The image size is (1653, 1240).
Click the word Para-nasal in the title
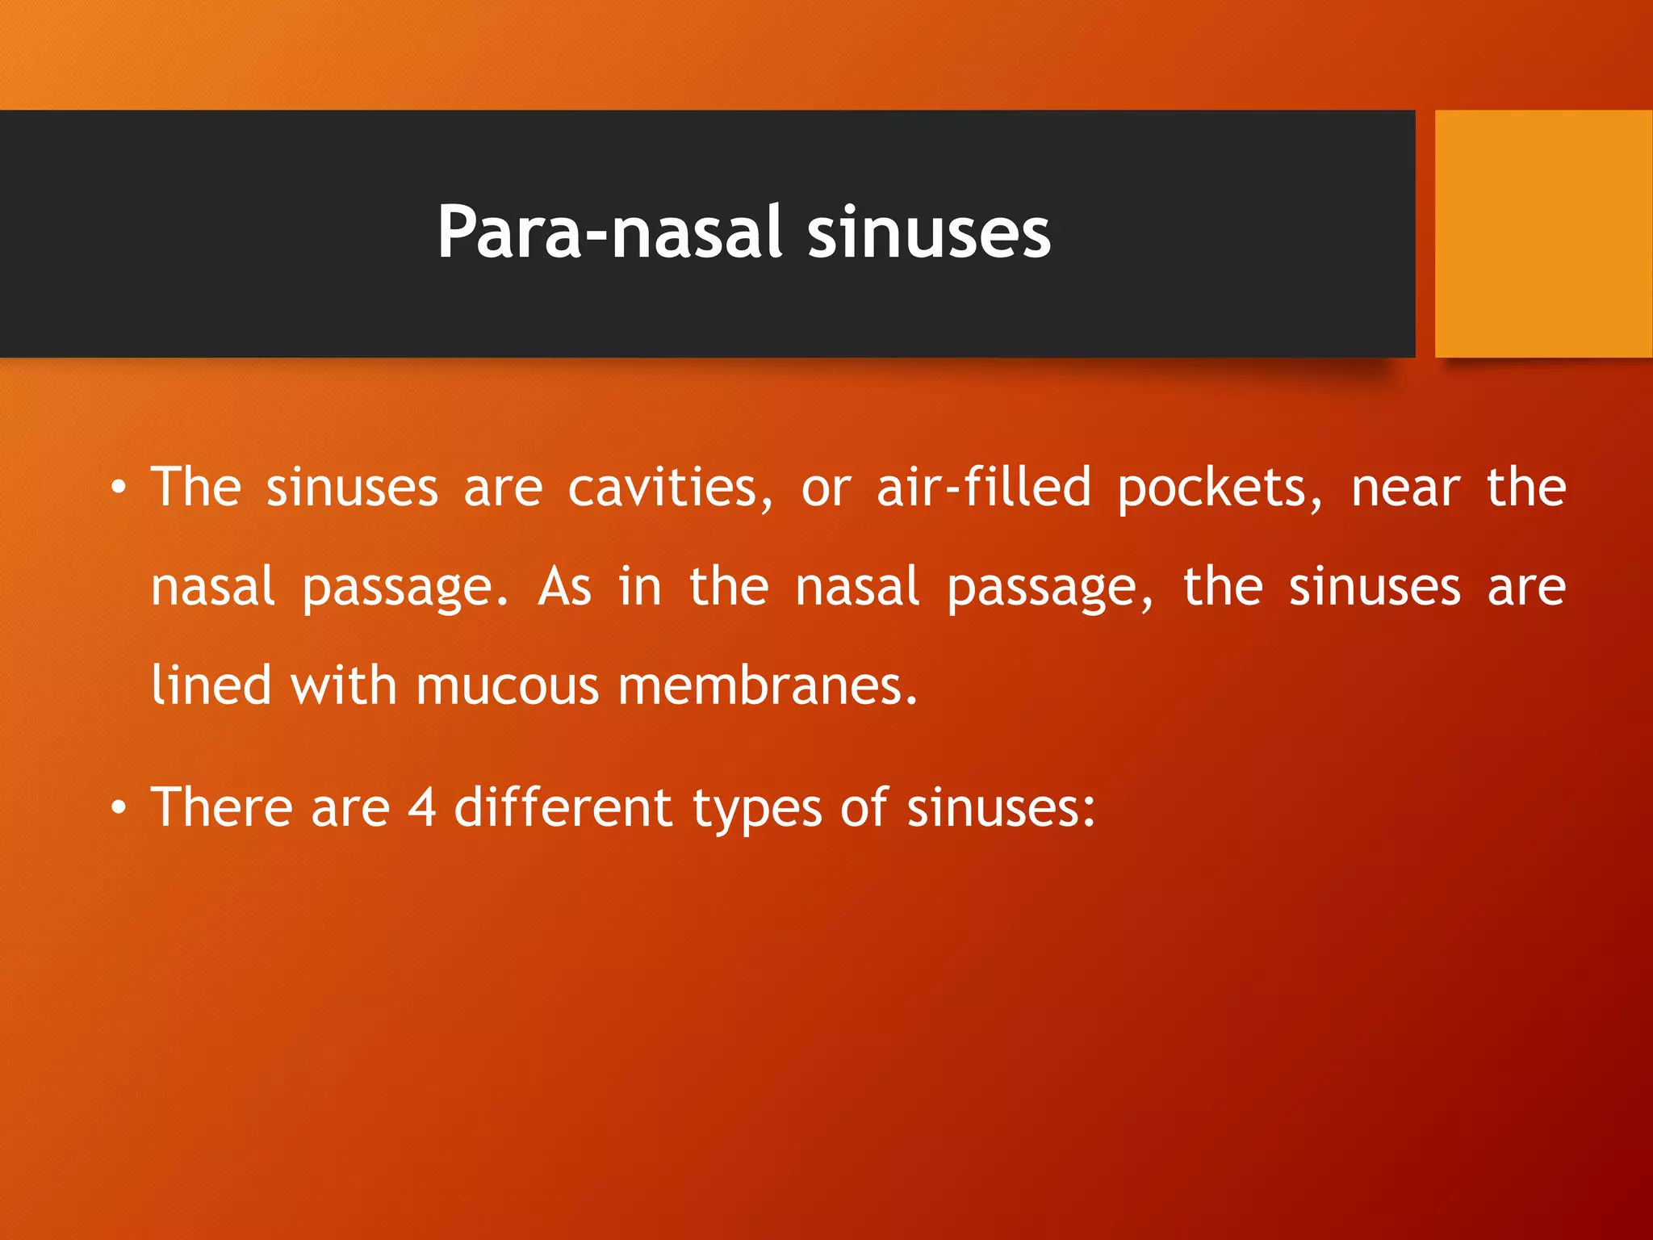coord(609,232)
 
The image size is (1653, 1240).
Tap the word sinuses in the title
coord(928,232)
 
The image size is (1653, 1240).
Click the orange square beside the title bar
coord(1543,234)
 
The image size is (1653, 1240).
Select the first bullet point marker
coord(119,488)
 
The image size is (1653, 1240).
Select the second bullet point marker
coord(119,807)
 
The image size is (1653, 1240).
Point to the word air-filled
coord(983,488)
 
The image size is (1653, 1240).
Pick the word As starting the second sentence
coord(564,587)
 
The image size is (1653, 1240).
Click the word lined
coord(211,685)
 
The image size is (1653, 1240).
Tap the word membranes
coord(767,685)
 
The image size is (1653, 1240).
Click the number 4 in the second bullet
coord(422,807)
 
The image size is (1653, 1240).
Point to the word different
coord(563,807)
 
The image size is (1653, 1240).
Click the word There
coord(220,807)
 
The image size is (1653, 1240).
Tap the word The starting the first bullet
coord(196,488)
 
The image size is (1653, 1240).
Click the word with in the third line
coord(343,685)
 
